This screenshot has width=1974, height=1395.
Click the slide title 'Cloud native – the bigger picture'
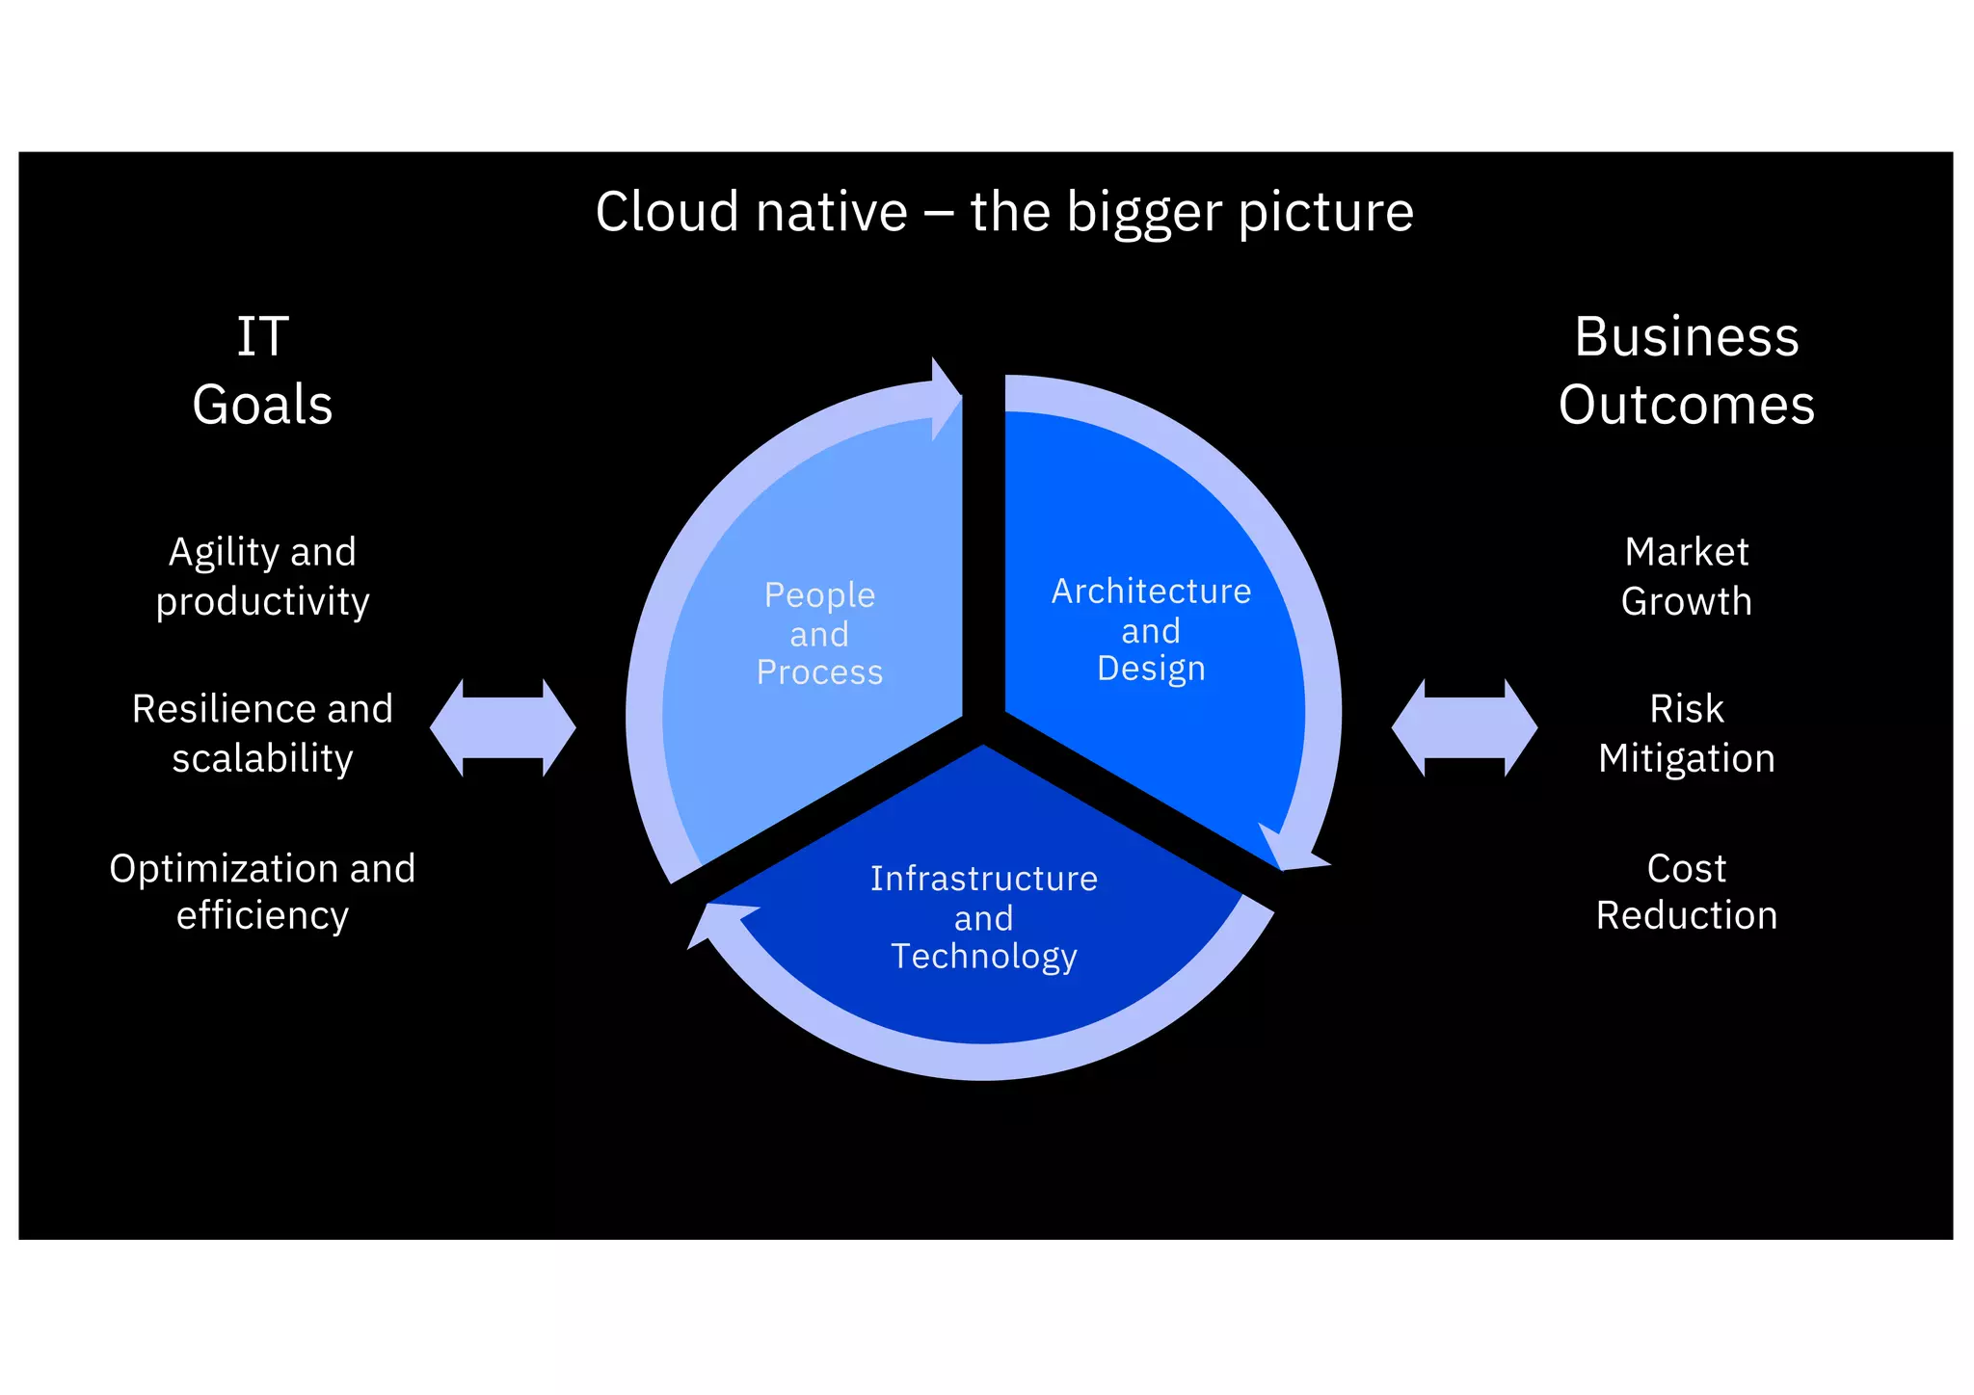click(x=1003, y=212)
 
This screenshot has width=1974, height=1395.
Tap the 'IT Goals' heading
click(x=262, y=371)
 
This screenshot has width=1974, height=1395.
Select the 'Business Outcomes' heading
click(x=1686, y=371)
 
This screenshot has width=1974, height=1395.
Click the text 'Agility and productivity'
click(x=262, y=576)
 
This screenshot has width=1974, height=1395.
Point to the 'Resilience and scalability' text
click(x=262, y=733)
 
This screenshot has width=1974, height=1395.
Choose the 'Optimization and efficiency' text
click(x=262, y=891)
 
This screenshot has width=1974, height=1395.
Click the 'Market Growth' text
click(x=1686, y=576)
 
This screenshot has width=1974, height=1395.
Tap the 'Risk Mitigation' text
click(x=1686, y=733)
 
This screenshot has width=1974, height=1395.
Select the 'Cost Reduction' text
click(x=1686, y=891)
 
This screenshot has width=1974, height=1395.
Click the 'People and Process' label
click(x=819, y=633)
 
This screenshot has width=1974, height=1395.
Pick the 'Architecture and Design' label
click(x=1151, y=629)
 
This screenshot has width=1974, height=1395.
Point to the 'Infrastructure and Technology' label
click(x=983, y=917)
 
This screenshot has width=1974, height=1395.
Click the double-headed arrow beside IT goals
click(x=502, y=727)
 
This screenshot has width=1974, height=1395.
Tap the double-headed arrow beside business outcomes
click(x=1464, y=727)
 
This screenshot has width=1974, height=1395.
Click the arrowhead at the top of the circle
click(x=945, y=398)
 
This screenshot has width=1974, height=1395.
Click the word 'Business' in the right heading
click(x=1686, y=337)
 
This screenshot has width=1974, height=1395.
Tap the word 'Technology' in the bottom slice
click(x=983, y=956)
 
